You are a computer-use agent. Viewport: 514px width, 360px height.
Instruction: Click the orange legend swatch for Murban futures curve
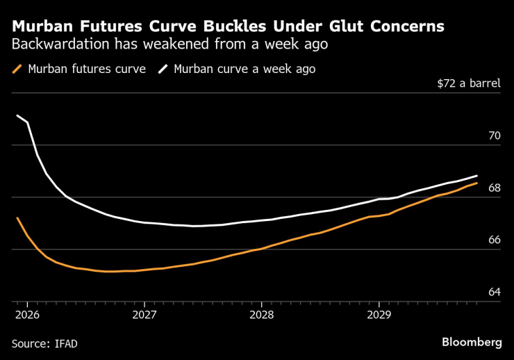[17, 69]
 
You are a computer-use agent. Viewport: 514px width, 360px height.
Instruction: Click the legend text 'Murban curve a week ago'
[244, 69]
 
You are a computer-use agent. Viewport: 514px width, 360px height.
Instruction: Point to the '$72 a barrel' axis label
[468, 83]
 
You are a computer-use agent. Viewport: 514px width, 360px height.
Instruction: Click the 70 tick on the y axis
[494, 136]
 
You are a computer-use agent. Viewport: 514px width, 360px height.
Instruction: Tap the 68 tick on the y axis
[494, 188]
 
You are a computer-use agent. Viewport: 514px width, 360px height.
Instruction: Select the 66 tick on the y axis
[494, 240]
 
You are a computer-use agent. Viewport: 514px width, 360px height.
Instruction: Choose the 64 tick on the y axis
[494, 292]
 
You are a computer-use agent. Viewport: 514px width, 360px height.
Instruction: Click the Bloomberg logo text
[472, 342]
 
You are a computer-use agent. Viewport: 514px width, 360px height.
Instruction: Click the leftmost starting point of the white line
[17, 115]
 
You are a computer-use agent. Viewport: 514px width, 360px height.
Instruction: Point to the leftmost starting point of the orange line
[17, 218]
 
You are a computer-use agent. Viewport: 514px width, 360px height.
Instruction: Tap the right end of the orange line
[476, 183]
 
